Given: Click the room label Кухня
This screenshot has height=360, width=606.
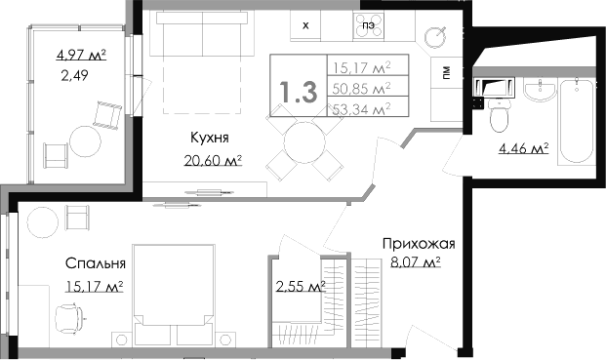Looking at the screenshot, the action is pos(210,138).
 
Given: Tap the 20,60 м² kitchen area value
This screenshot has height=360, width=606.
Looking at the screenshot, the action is pos(213,160).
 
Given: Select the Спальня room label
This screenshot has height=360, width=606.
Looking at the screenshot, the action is pos(96,263).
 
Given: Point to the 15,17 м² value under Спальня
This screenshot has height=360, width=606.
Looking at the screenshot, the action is pos(95,286).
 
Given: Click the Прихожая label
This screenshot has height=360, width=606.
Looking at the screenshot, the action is pos(419,244).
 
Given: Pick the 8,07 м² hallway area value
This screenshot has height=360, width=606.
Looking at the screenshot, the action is pos(416,263).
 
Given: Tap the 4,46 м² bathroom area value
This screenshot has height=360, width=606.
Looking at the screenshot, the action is pos(524,148).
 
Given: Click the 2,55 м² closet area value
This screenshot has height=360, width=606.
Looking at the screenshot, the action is pos(301,286).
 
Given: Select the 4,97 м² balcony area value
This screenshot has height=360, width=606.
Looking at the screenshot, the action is pos(81,56).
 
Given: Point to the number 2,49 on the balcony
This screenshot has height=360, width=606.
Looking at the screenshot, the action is pos(74,75).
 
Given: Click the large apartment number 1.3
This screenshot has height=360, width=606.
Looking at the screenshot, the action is pos(299,93).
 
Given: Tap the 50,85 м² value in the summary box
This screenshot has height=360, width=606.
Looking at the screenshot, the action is pos(361,89).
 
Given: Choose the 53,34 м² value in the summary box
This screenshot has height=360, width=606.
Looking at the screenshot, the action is pos(361,109).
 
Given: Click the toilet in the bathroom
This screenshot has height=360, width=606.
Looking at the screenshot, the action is pos(500,115).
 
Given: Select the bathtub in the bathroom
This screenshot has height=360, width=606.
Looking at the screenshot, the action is pos(577,121).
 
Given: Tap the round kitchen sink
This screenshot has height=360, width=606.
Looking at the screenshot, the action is pos(436,37).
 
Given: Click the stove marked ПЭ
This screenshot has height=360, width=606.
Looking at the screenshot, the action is pos(368,26).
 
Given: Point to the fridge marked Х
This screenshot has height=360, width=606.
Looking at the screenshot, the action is pos(305,25).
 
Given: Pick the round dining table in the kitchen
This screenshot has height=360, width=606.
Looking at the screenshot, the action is pos(303,142).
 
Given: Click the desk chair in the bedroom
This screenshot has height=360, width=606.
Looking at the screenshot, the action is pos(70,318).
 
